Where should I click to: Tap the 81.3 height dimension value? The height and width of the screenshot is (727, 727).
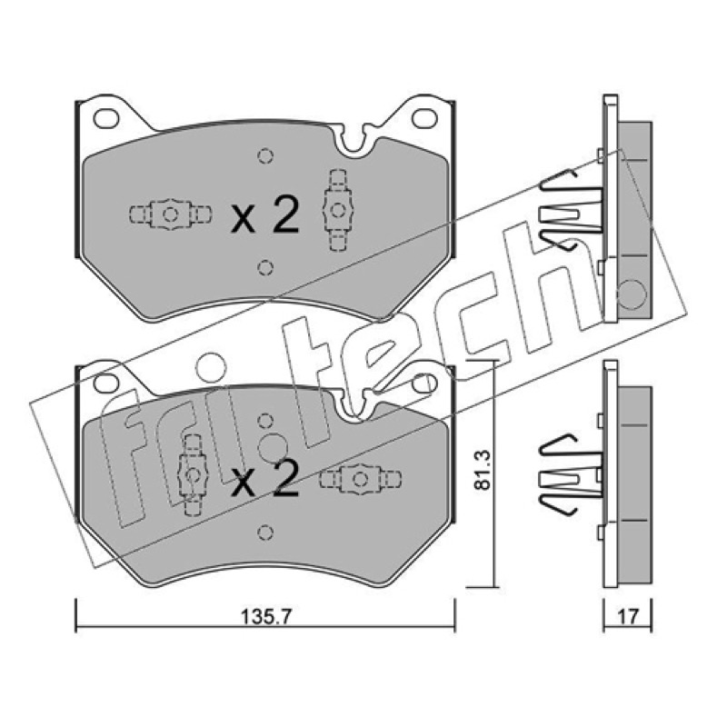coord(483,470)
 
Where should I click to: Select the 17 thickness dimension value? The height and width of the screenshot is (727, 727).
coord(628,617)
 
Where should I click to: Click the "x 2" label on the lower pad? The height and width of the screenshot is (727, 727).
coord(264,479)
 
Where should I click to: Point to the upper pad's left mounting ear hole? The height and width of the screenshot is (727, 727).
coord(106,118)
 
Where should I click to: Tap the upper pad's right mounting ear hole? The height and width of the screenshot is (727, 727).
coord(424,118)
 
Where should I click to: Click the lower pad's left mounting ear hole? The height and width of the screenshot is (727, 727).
coord(106,383)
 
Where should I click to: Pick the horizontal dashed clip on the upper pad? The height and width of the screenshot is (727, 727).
coord(170,214)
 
